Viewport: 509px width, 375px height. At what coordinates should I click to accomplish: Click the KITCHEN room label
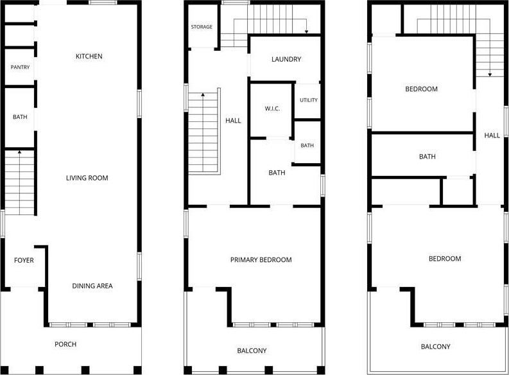tap(89, 56)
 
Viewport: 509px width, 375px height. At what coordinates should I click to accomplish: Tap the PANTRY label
tap(20, 67)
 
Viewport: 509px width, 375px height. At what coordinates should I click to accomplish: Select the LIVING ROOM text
tap(87, 178)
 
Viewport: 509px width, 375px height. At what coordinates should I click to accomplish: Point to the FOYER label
tap(24, 260)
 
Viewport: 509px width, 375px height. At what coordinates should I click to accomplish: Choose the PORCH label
tap(65, 344)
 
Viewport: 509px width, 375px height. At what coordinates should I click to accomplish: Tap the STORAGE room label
tap(202, 27)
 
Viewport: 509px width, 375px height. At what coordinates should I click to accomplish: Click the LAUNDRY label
tap(286, 59)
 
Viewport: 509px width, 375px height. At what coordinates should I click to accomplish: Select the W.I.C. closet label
tap(272, 109)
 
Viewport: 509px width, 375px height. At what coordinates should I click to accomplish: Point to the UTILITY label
tap(308, 100)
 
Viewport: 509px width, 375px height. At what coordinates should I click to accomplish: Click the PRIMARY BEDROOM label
tap(261, 260)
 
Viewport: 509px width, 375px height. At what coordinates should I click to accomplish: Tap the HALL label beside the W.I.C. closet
tap(233, 121)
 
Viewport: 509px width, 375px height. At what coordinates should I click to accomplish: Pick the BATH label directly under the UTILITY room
tap(307, 146)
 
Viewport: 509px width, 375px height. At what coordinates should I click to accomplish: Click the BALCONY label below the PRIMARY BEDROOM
tap(252, 351)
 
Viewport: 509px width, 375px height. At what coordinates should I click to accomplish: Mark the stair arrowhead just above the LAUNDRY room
tap(306, 32)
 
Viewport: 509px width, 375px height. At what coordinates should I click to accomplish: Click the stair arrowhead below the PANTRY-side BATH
tap(19, 152)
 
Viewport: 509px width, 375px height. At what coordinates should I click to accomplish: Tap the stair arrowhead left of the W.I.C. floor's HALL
tap(203, 94)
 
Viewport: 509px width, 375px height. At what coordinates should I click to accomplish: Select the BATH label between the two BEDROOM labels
tap(427, 157)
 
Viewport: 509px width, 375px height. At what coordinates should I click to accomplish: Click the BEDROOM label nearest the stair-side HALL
tap(421, 89)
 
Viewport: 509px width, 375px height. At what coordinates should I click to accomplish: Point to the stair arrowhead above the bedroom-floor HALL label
tap(490, 75)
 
